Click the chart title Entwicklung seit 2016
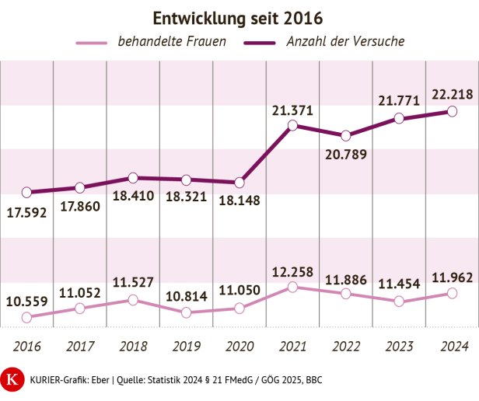pyautogui.click(x=238, y=17)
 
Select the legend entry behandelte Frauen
pyautogui.click(x=171, y=41)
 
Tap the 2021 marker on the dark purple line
pyautogui.click(x=292, y=125)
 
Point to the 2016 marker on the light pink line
pyautogui.click(x=26, y=317)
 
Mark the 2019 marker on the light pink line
pyautogui.click(x=186, y=312)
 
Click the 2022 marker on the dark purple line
pyautogui.click(x=346, y=135)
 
